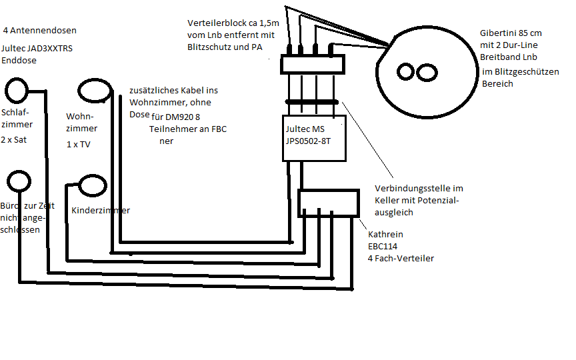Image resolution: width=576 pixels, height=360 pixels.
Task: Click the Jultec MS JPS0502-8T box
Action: click(x=314, y=138)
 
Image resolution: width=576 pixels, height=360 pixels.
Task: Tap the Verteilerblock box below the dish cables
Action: click(x=312, y=65)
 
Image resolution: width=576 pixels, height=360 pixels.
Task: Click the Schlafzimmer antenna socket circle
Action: click(x=17, y=91)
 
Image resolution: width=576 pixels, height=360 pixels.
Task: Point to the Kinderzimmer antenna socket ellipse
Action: click(x=92, y=187)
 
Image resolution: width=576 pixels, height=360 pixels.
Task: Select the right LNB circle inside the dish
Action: click(x=427, y=71)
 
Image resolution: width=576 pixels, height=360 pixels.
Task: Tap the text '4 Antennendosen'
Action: click(x=39, y=31)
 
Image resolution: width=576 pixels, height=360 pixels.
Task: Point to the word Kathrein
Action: click(x=385, y=235)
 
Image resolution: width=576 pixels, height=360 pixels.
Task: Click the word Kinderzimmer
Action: click(x=100, y=210)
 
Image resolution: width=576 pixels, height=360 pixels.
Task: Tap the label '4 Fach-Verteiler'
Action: click(x=401, y=258)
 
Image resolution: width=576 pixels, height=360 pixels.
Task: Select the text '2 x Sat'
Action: click(x=14, y=140)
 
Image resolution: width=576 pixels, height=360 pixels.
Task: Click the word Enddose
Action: click(x=19, y=60)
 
